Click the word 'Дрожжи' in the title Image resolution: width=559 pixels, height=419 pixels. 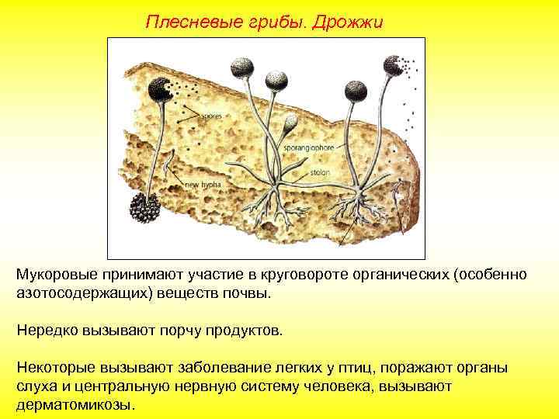(x=346, y=21)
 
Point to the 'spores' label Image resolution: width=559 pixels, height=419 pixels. (x=210, y=116)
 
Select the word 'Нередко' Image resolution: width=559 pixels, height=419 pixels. (x=46, y=331)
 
